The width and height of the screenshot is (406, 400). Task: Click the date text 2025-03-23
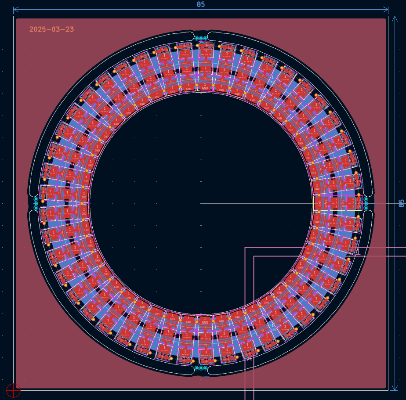click(x=51, y=29)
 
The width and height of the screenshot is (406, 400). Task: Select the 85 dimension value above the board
click(x=201, y=4)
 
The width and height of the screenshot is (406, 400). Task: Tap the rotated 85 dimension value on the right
click(x=401, y=203)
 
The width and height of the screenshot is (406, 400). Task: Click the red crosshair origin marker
click(x=14, y=389)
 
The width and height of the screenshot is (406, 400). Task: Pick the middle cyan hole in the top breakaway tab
click(x=201, y=38)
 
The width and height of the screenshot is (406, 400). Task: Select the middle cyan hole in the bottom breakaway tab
click(x=201, y=368)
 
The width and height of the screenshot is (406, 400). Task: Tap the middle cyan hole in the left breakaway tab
click(x=36, y=203)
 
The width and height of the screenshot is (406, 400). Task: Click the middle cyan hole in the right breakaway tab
click(x=366, y=203)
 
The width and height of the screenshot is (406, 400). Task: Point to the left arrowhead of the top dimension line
click(x=15, y=9)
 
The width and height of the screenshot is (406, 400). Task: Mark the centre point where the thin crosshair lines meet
click(x=201, y=203)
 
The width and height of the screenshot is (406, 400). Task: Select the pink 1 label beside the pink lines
click(x=358, y=252)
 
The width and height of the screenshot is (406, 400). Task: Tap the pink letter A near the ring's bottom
click(x=249, y=358)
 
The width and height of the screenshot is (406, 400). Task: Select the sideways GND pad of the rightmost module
click(x=319, y=204)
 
